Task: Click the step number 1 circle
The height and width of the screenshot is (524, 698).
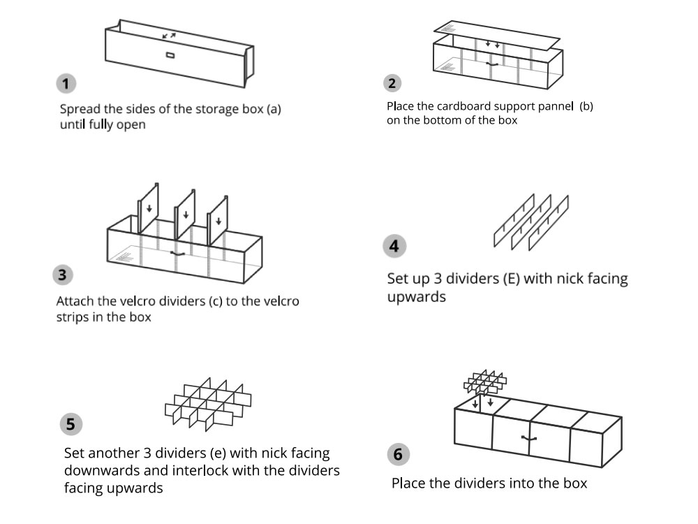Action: coord(66,85)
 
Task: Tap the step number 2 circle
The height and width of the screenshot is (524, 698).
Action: coord(392,84)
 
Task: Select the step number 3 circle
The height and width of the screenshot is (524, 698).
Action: coord(63,275)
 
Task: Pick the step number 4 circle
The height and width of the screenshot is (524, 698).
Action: coord(394,246)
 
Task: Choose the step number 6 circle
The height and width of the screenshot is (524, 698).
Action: coord(397,454)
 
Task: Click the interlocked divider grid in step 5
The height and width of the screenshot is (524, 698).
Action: coord(207,405)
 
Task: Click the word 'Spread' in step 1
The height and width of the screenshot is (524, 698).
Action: coord(80,110)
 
